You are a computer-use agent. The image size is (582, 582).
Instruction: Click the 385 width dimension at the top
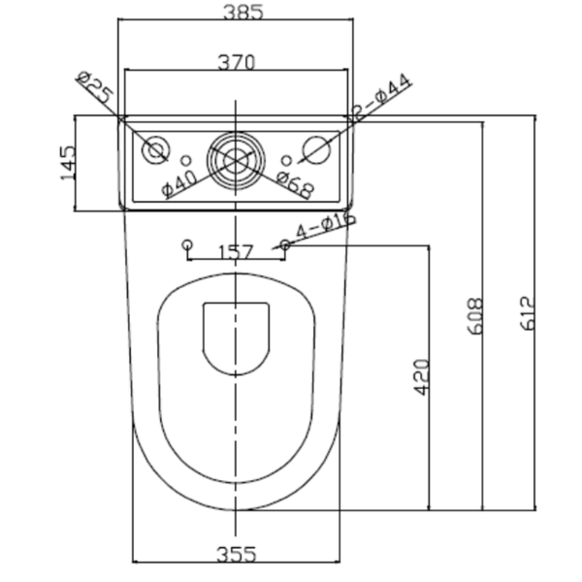(x=243, y=13)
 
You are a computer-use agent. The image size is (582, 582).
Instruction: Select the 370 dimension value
(x=237, y=62)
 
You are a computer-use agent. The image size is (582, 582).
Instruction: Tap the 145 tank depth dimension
(x=68, y=163)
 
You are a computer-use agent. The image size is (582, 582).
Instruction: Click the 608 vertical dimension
(x=474, y=316)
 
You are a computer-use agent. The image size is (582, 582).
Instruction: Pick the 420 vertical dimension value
(x=421, y=377)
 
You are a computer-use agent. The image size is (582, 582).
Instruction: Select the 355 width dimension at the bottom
(x=237, y=555)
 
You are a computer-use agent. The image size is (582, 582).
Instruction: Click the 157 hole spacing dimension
(x=237, y=252)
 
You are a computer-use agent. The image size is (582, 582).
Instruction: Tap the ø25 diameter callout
(x=95, y=87)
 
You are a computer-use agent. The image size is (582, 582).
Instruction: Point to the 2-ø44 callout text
(x=381, y=97)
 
